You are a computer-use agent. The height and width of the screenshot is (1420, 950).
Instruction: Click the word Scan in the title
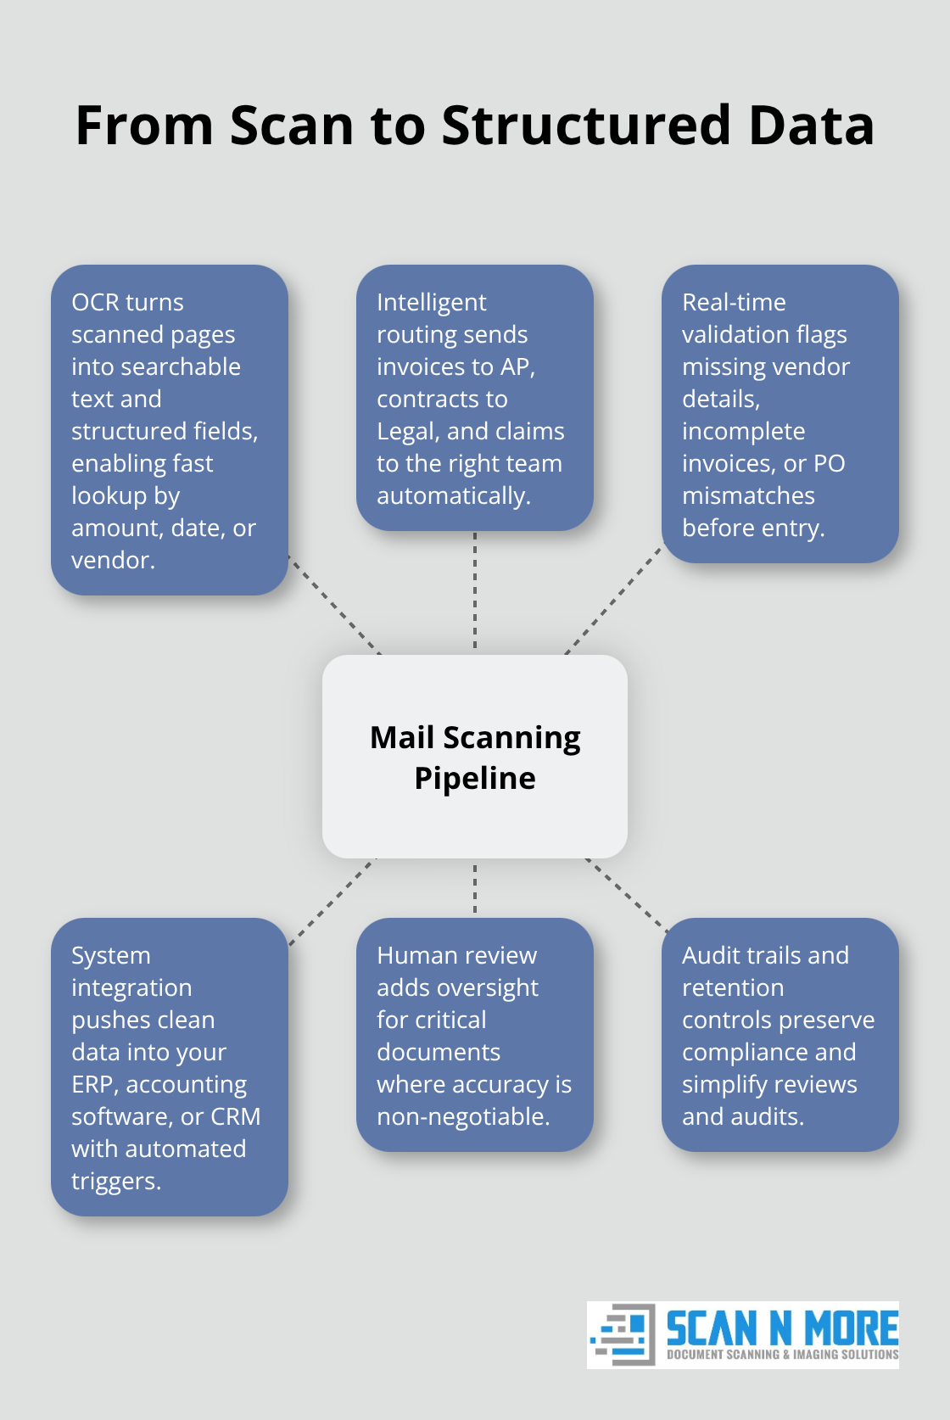click(x=291, y=126)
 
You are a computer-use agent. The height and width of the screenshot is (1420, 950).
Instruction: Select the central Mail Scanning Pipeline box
click(x=475, y=757)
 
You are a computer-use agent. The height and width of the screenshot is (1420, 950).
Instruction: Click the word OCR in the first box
click(x=96, y=302)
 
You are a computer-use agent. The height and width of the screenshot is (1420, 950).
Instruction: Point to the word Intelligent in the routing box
click(x=431, y=302)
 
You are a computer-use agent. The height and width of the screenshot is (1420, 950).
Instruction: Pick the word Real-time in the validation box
click(x=734, y=302)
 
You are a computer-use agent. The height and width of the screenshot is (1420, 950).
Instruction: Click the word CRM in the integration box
click(x=236, y=1116)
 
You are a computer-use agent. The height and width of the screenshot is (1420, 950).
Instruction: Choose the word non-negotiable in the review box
click(x=462, y=1116)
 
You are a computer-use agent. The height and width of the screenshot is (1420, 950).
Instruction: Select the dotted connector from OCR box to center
click(x=334, y=605)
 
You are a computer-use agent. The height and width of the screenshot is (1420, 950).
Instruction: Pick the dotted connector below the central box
click(x=475, y=888)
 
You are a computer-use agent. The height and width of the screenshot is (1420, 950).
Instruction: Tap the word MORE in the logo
click(x=851, y=1328)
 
